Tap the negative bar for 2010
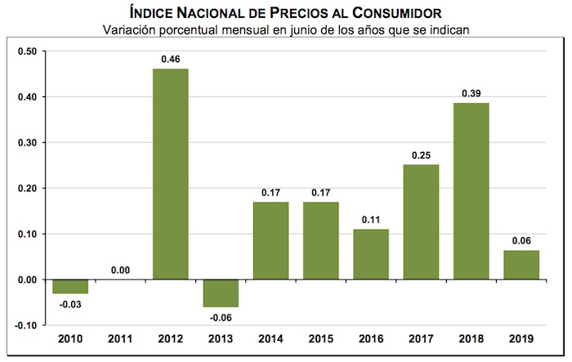(69, 286)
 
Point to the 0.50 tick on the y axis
(27, 51)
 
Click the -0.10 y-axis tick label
(26, 325)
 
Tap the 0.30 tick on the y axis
(27, 142)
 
